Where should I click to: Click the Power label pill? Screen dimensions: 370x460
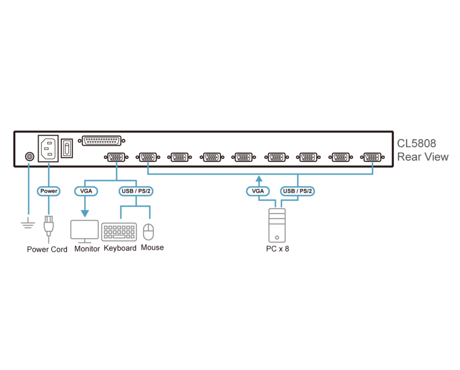49,191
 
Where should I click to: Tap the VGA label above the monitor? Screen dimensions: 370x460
86,191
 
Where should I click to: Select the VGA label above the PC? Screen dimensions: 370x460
258,191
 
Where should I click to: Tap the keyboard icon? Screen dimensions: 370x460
119,232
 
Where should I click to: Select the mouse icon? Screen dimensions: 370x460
149,232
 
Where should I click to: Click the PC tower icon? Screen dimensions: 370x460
277,225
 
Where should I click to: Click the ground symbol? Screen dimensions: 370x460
28,223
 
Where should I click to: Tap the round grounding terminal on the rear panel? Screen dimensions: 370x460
28,157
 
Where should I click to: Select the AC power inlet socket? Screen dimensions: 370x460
48,148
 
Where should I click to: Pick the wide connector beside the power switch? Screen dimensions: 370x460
101,141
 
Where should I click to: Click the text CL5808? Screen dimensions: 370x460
416,143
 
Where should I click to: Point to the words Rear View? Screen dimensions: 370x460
422,157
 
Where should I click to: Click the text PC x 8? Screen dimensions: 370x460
277,249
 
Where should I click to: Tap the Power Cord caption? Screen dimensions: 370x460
47,249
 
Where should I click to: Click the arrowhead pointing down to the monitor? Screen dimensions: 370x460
85,213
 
